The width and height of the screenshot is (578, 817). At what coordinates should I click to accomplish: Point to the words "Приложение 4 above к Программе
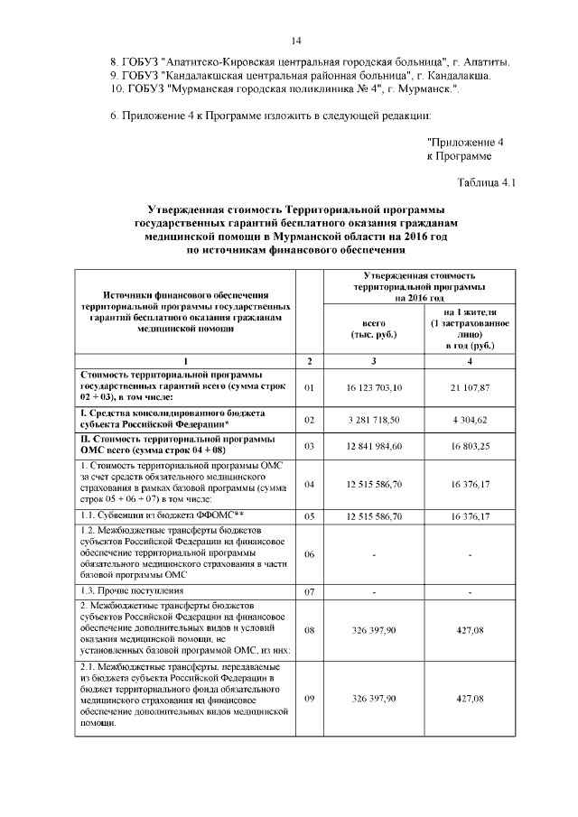(x=463, y=142)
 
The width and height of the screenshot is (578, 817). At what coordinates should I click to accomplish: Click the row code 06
(x=309, y=554)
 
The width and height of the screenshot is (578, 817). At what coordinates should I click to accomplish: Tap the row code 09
(x=309, y=699)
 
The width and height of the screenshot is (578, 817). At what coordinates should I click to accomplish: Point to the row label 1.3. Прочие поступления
(x=131, y=591)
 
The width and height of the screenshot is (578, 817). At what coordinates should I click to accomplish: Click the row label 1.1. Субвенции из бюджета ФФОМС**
(x=164, y=515)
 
